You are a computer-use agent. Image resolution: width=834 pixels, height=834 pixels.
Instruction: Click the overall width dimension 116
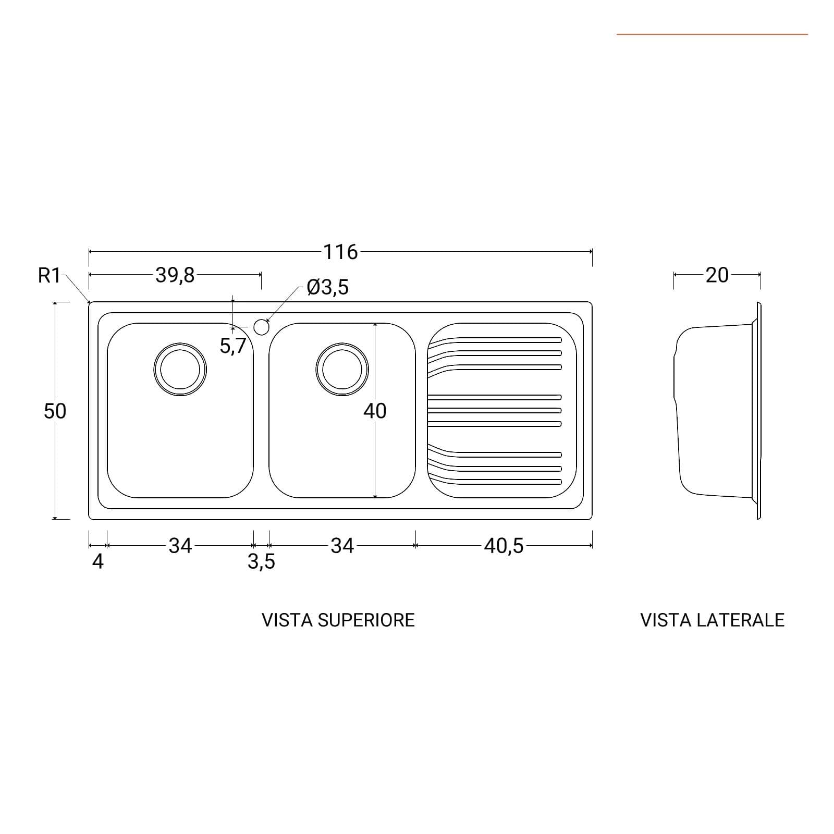tap(341, 252)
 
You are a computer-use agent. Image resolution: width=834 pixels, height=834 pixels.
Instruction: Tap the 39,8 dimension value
tap(175, 275)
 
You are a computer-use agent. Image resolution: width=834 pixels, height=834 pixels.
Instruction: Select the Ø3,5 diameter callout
tap(328, 287)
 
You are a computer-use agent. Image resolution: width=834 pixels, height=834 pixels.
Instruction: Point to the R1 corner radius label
tap(50, 275)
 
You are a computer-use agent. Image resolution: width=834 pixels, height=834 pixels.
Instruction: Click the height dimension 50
tap(55, 411)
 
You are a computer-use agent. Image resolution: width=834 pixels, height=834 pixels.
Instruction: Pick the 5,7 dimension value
tap(232, 346)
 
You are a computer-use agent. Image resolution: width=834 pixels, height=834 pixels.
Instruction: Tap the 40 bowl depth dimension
tap(375, 411)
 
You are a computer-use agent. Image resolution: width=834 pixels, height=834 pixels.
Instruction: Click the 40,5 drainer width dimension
tap(504, 546)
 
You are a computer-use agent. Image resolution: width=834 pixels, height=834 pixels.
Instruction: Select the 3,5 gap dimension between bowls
tap(261, 562)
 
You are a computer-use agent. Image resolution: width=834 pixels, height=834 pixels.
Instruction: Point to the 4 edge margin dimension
tap(98, 562)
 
